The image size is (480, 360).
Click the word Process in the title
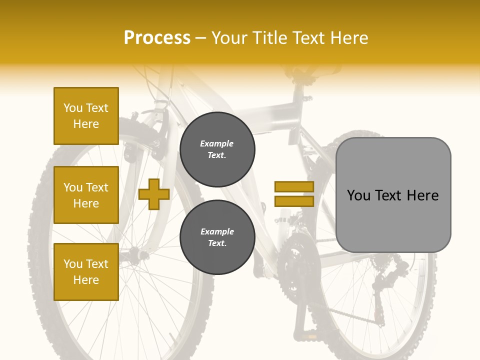pyautogui.click(x=157, y=38)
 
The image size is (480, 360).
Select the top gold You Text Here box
pyautogui.click(x=86, y=116)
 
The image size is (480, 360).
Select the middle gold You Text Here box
pyautogui.click(x=86, y=195)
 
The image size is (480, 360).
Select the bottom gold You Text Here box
pyautogui.click(x=86, y=271)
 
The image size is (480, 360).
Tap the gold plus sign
pyautogui.click(x=153, y=194)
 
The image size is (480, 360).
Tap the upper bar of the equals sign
pyautogui.click(x=294, y=187)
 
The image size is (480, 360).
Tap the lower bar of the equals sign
pyautogui.click(x=294, y=201)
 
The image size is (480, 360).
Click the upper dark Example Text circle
pyautogui.click(x=217, y=149)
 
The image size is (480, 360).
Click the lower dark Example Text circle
pyautogui.click(x=217, y=237)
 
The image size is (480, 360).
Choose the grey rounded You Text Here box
pyautogui.click(x=393, y=195)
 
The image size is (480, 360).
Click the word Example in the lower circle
pyautogui.click(x=217, y=231)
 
